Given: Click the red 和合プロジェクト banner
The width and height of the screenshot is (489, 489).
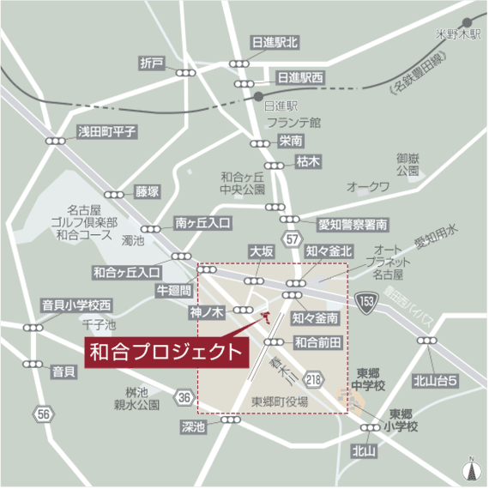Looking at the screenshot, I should [x=166, y=351].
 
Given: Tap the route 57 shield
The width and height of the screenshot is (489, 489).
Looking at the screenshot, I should [x=293, y=237].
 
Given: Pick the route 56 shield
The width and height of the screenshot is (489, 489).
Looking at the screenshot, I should [x=45, y=414].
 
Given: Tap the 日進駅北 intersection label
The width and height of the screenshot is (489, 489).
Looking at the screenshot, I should [x=274, y=41].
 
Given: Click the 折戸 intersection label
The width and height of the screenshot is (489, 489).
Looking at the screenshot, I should [x=152, y=63].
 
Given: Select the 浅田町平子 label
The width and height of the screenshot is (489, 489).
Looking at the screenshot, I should [x=107, y=131].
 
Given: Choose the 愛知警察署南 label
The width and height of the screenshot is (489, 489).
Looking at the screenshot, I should [x=353, y=225].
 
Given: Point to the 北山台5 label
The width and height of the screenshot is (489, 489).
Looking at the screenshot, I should [x=434, y=380].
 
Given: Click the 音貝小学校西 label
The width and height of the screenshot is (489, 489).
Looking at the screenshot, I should [x=77, y=305].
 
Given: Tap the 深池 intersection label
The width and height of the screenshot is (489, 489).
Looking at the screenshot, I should [x=194, y=426].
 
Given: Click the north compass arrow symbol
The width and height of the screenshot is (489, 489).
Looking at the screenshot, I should [x=470, y=468].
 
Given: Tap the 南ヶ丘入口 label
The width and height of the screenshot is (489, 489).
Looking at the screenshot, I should [x=202, y=222].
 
